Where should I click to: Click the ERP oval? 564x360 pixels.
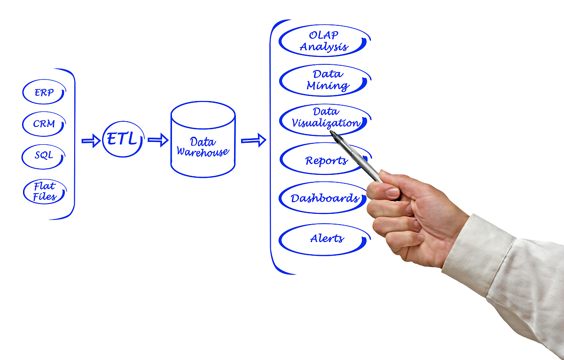pos(44,93)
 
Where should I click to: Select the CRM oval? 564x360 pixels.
pos(44,124)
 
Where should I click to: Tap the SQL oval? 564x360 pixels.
pos(43,156)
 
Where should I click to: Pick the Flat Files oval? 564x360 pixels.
pos(45,191)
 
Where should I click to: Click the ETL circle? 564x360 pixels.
pos(122,139)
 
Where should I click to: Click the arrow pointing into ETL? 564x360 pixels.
pos(91,140)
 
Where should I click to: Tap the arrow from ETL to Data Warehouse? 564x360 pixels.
pos(158,140)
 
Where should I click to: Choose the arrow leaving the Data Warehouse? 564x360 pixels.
pos(253,140)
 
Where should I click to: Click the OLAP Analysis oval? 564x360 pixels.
pos(324,41)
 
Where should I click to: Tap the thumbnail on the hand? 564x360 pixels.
pos(392,192)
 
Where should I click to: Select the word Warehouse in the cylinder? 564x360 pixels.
pos(203,152)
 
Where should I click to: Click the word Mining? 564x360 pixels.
pos(328,86)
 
